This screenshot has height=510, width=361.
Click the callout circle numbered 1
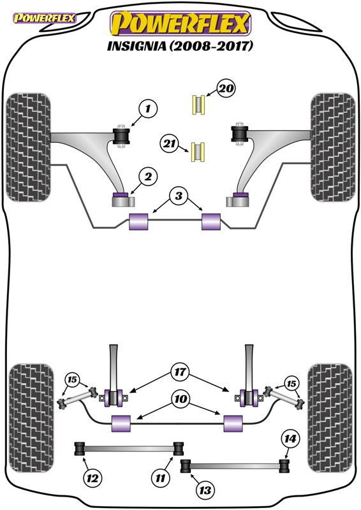coord(148,108)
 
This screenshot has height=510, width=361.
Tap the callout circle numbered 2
coord(148,177)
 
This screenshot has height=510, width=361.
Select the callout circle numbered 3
coord(179,196)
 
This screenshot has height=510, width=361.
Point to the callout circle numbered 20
coord(226,88)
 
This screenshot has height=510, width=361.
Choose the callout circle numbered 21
coord(169,143)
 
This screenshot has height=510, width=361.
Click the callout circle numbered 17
coord(180,372)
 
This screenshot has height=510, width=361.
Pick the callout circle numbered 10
coord(180,399)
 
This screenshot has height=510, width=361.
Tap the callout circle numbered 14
coord(290,439)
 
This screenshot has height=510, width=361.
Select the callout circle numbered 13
coord(205,490)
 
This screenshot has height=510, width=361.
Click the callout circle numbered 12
coord(92,477)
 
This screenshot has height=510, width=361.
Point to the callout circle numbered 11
coord(161,477)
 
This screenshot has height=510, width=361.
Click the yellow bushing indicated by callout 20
coord(198,105)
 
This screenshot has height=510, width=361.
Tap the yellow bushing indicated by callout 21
coord(198,152)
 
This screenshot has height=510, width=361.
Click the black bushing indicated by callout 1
coord(121,136)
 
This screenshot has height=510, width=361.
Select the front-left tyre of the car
coord(28,147)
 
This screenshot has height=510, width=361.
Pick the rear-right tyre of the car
coord(330,418)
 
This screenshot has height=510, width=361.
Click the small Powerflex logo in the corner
coord(44,18)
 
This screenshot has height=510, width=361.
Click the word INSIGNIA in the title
coord(136,46)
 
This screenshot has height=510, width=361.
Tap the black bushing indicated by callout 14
coord(284,467)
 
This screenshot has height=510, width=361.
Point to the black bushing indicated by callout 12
coord(80,449)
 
